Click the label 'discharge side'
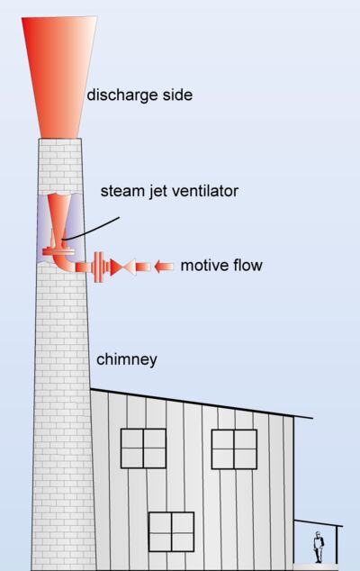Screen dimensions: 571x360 point(139,95)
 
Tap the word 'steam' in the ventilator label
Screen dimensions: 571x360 point(120,191)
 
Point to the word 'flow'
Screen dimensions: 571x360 point(247,266)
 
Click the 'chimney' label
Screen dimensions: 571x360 point(128,359)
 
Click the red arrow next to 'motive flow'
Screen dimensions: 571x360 point(163,267)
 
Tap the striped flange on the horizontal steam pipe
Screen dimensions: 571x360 point(98,267)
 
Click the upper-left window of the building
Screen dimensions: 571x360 point(143,449)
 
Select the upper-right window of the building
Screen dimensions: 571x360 point(234,449)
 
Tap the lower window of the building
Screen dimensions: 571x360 point(171,530)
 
